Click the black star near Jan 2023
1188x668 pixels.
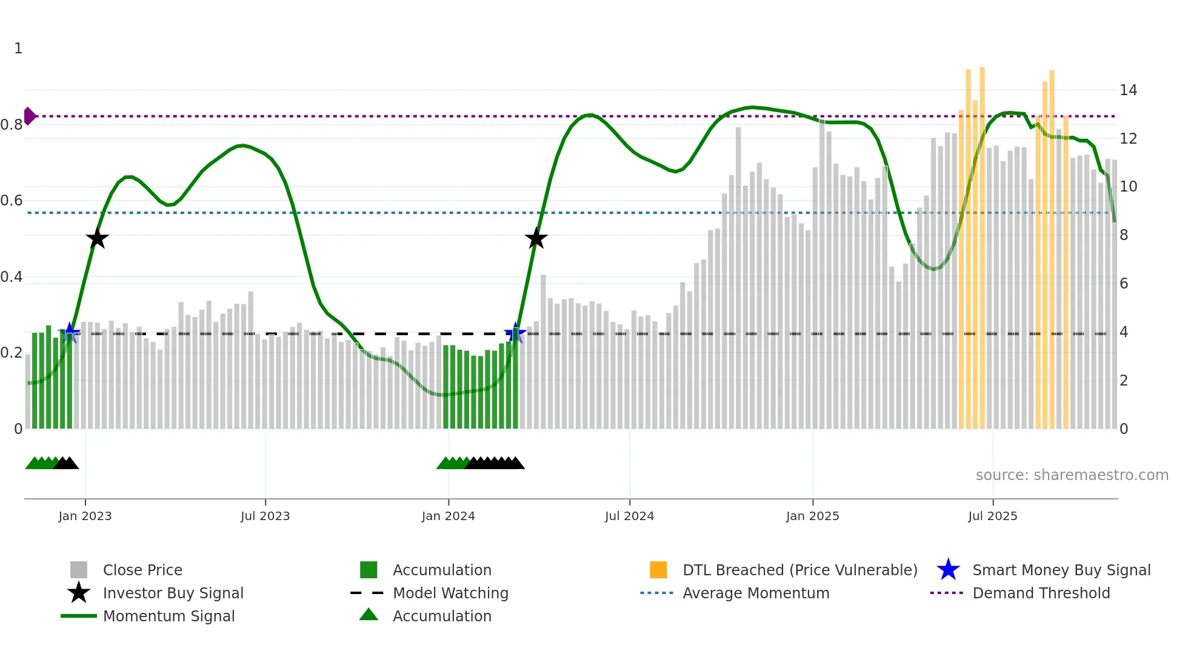(97, 238)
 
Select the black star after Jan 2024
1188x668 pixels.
(536, 238)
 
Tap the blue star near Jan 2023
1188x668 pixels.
(70, 333)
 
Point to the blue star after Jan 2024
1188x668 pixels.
(515, 333)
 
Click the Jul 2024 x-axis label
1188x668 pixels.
(629, 516)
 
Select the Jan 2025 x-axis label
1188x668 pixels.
(812, 516)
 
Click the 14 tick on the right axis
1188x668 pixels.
(1128, 90)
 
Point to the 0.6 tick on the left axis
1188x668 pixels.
(12, 201)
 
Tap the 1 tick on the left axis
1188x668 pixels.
(18, 48)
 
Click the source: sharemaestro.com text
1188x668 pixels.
(1072, 475)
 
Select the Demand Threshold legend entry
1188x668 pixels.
(1041, 593)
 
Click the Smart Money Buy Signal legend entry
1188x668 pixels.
(1061, 570)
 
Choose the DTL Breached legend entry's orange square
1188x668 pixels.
(658, 570)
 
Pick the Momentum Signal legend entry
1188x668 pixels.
(169, 616)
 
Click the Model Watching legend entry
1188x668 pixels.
(450, 593)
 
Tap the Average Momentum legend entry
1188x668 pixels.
(755, 593)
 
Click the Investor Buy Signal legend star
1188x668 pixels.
(79, 593)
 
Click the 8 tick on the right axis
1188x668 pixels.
(1124, 235)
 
